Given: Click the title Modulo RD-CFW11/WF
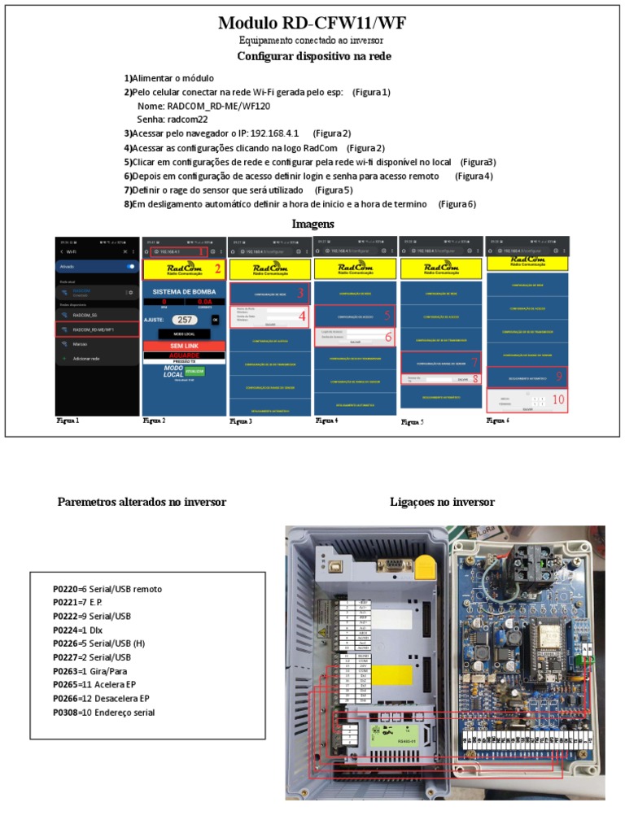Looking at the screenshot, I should click(312, 23).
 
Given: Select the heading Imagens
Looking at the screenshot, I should click(312, 224).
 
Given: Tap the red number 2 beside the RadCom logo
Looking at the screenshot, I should click(217, 269).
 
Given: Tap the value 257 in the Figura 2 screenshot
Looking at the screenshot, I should click(185, 321).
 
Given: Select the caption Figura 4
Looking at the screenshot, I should click(327, 421).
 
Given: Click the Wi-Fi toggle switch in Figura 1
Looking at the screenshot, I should click(129, 266).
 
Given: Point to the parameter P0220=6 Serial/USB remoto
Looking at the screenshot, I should click(113, 588).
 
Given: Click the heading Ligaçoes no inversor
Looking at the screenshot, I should click(443, 502).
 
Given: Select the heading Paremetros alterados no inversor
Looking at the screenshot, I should click(142, 502).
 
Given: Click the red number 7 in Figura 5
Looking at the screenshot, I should click(475, 361).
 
